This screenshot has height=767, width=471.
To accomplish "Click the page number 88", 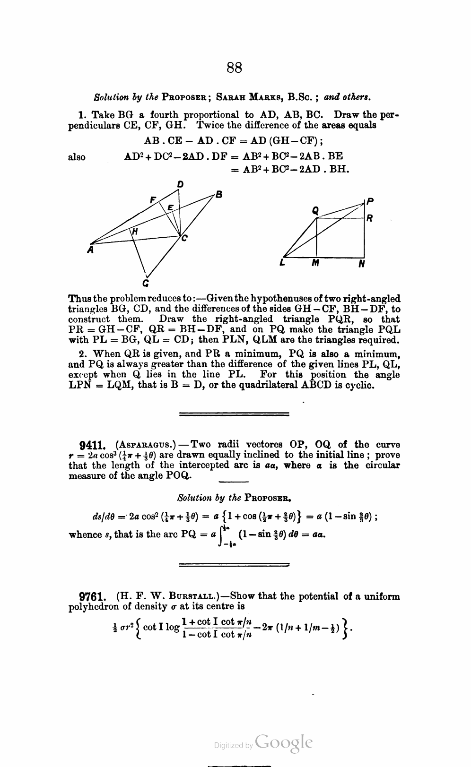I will [x=235, y=68].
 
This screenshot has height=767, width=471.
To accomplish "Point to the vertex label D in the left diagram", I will [x=181, y=184].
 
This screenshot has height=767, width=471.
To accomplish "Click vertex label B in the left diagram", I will [x=218, y=194].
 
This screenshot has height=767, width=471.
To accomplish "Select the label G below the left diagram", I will [x=146, y=284].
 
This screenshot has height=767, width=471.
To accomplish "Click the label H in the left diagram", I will [x=135, y=232].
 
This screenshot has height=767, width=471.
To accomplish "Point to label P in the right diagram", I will [x=370, y=201].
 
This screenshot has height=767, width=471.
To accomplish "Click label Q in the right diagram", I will [x=315, y=212].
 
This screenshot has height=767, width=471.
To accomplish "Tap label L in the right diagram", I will [x=282, y=264].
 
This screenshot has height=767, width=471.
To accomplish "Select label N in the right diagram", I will [x=362, y=265].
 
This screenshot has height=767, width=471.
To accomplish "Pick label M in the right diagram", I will [x=315, y=265].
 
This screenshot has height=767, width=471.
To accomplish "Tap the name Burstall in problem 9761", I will [x=194, y=596].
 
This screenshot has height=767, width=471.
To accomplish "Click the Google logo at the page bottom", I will [x=283, y=742].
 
